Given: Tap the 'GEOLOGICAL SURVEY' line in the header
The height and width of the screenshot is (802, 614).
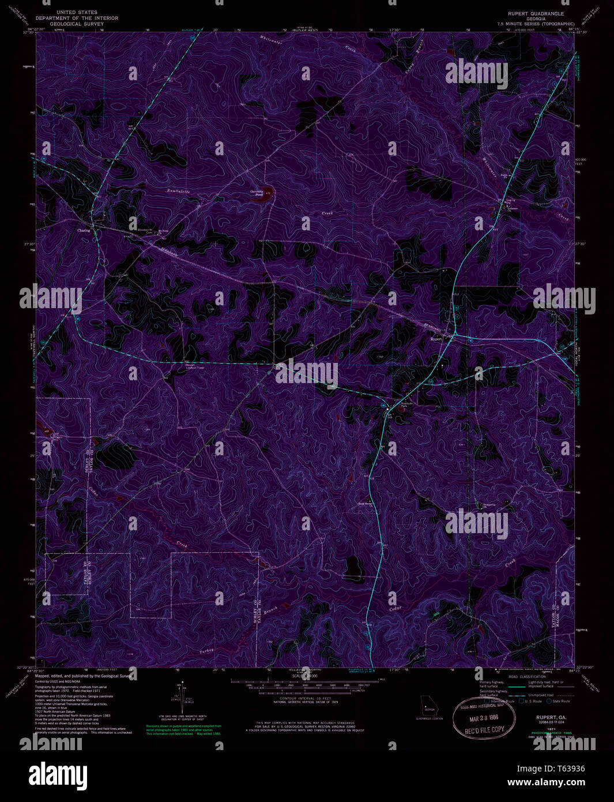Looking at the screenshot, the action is [x=77, y=24].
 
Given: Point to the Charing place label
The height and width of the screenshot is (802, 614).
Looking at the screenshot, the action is [x=85, y=230].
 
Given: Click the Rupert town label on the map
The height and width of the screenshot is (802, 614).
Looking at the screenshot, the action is [x=436, y=339].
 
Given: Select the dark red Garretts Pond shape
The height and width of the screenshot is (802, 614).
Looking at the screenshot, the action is [x=266, y=196].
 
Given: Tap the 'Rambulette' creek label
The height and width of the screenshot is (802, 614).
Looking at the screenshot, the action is [x=178, y=190].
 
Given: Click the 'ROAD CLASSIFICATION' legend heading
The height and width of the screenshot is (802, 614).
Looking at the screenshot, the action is [x=526, y=676].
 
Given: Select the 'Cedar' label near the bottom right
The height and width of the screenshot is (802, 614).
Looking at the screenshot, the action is [x=395, y=609].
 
